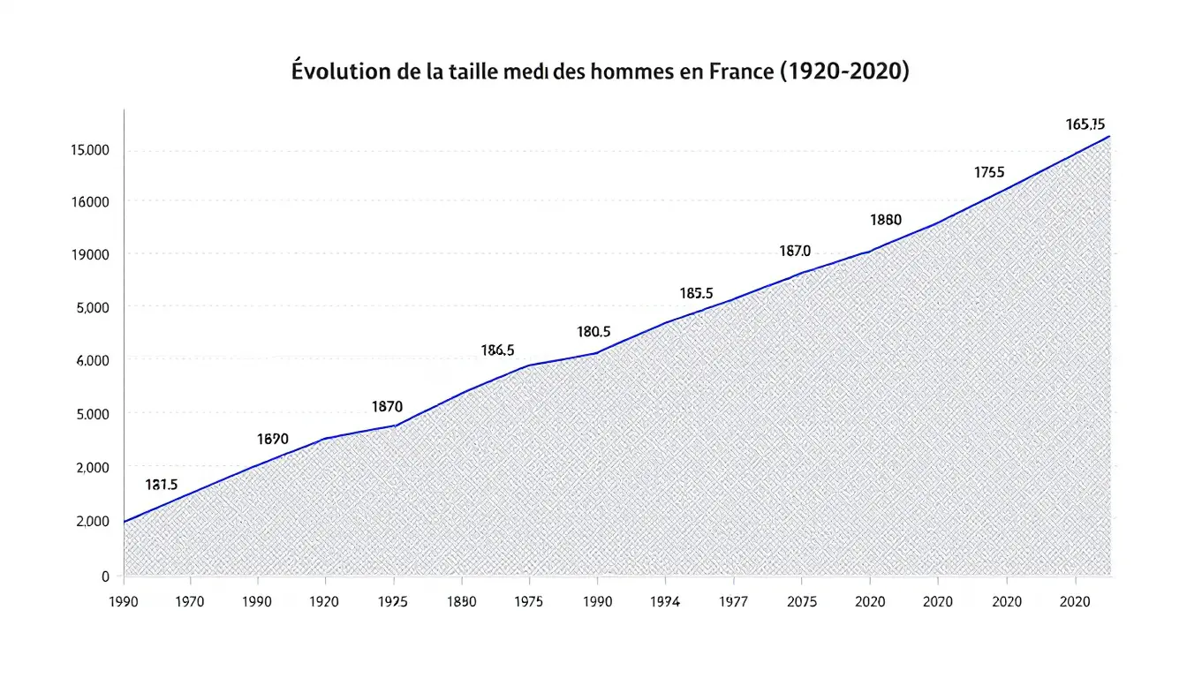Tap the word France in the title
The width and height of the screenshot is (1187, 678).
[740, 72]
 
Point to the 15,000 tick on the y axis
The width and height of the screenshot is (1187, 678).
[89, 150]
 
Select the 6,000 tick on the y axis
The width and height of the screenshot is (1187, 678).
[91, 361]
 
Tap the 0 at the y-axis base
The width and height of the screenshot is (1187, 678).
[105, 576]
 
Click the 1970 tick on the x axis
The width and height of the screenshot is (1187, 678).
[190, 602]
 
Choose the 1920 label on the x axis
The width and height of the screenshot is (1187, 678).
[326, 602]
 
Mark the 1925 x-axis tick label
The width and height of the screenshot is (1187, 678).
[393, 602]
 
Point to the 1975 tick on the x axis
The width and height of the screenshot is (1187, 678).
[528, 602]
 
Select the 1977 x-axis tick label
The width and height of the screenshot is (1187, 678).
[733, 602]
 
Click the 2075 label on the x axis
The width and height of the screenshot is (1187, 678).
[800, 602]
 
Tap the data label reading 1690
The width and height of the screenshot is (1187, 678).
[272, 439]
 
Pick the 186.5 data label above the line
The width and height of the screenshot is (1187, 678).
[497, 350]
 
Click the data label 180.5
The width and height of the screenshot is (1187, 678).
[593, 333]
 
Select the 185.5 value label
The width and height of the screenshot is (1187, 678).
[696, 293]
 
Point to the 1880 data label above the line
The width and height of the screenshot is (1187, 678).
[885, 220]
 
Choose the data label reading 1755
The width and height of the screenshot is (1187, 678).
[989, 173]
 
